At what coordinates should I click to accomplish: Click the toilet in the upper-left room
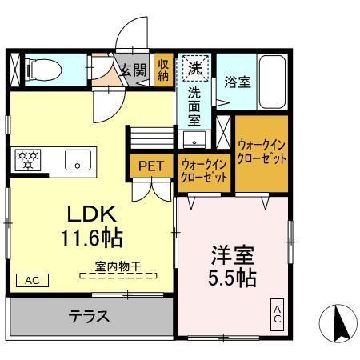[x=40, y=69]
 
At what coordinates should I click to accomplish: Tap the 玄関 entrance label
[x=134, y=70]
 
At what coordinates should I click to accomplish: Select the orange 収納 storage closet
[x=163, y=70]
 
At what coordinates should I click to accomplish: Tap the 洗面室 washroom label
[x=194, y=105]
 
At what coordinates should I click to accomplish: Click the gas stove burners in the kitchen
[x=28, y=158]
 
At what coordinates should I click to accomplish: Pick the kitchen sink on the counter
[x=78, y=158]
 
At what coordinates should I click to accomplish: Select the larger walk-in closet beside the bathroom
[x=262, y=152]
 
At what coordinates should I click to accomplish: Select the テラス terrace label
[x=88, y=315]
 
